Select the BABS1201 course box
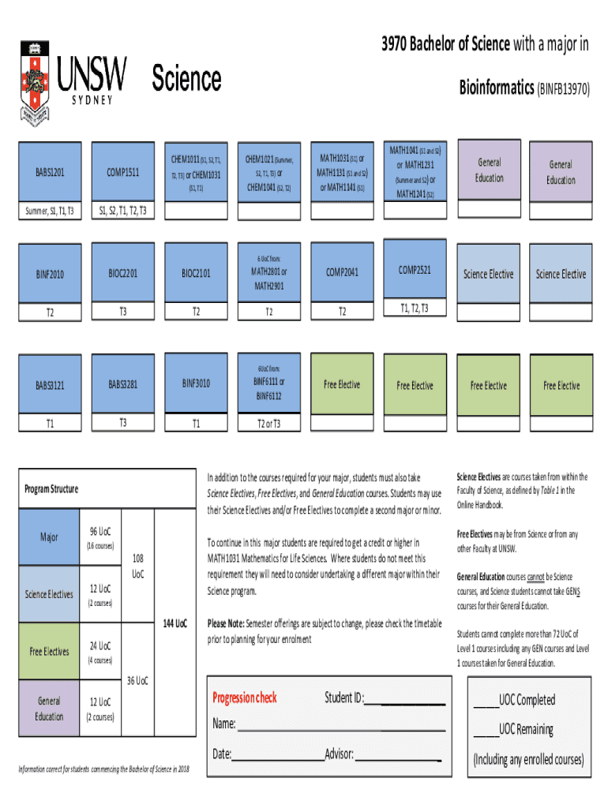coord(49,172)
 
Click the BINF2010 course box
coord(49,275)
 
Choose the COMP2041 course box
coord(342,272)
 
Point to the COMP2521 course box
coord(415,269)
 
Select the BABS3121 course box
coord(49,386)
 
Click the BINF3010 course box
coord(196,383)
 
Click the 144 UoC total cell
coord(175,623)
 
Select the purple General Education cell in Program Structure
coord(49,708)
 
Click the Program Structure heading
coord(51,489)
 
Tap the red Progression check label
coord(245,698)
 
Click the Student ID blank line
coord(405,700)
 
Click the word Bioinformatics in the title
coord(497,88)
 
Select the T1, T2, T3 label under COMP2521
coord(415,308)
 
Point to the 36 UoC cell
coord(137,680)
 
